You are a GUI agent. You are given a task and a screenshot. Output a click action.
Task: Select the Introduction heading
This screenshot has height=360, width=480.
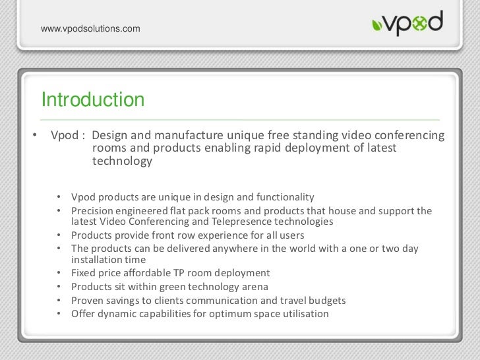[x=92, y=100]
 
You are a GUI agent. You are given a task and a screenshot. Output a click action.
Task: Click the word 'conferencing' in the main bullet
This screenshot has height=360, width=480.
[x=408, y=136]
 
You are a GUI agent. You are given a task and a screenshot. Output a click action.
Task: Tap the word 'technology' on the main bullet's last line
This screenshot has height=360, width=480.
[x=122, y=162]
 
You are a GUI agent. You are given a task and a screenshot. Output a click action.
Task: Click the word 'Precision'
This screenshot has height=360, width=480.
[x=93, y=211]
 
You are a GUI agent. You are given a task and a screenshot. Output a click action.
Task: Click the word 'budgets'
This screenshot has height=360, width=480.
[x=326, y=300]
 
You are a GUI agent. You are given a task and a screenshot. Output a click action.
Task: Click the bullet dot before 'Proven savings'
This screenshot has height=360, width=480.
[x=59, y=300]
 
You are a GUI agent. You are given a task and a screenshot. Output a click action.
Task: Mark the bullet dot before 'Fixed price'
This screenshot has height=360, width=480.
[x=59, y=272]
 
